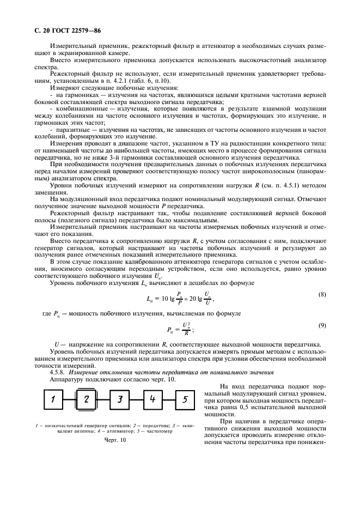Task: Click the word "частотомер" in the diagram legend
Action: point(173,429)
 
